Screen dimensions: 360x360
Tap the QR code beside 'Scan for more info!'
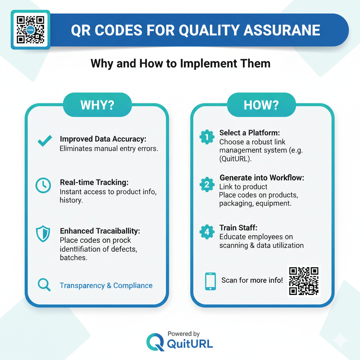click(x=304, y=281)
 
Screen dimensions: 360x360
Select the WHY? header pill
click(x=97, y=105)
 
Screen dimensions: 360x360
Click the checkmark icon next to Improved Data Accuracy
click(x=45, y=141)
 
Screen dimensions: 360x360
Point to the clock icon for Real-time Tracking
click(x=43, y=185)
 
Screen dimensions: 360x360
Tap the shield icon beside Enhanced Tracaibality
click(x=43, y=234)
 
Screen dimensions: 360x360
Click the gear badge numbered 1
click(x=207, y=137)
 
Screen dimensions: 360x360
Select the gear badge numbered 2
click(x=207, y=184)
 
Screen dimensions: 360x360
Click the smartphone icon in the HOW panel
click(x=210, y=281)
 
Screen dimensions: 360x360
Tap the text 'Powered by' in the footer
click(x=184, y=334)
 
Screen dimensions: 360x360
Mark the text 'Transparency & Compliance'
click(x=106, y=285)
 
